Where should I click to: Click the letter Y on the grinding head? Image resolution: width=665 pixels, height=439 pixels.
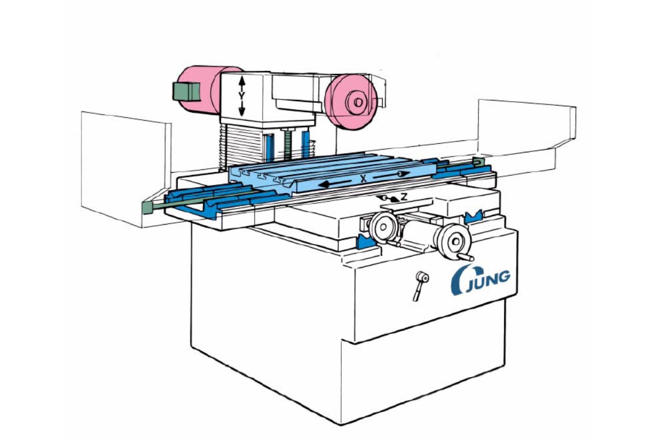pyautogui.click(x=241, y=96)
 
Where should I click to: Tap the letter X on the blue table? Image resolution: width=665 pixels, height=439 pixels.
pyautogui.click(x=363, y=179)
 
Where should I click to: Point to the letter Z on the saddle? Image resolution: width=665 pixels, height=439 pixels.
pyautogui.click(x=404, y=196)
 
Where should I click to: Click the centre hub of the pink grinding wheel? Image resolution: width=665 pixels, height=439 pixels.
pyautogui.click(x=357, y=102)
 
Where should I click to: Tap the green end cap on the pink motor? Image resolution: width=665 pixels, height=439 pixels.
pyautogui.click(x=186, y=92)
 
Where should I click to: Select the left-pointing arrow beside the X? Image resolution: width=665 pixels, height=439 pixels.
pyautogui.click(x=335, y=184)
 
